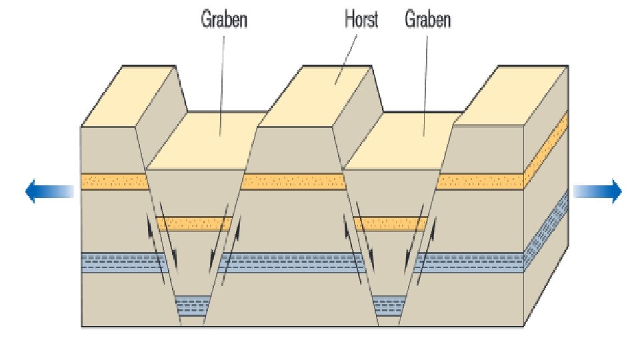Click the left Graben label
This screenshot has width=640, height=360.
coord(224,19)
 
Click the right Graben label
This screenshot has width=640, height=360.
coord(428,19)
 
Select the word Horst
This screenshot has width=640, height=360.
coord(361,19)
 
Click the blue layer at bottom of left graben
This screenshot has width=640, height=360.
coord(192,307)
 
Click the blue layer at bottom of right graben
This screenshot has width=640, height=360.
coord(389,307)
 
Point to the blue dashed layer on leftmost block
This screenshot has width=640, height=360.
coord(120,263)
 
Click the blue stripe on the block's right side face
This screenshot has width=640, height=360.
coord(547,230)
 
